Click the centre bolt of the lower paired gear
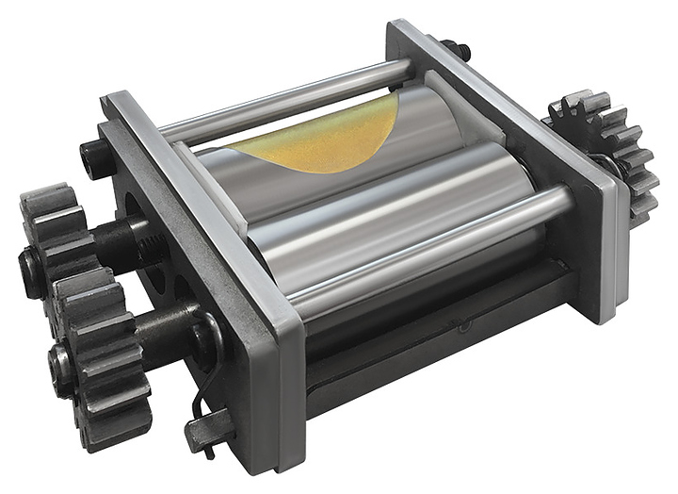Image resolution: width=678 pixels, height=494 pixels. tap(62, 358)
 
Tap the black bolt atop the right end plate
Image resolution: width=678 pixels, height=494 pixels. tap(457, 48)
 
